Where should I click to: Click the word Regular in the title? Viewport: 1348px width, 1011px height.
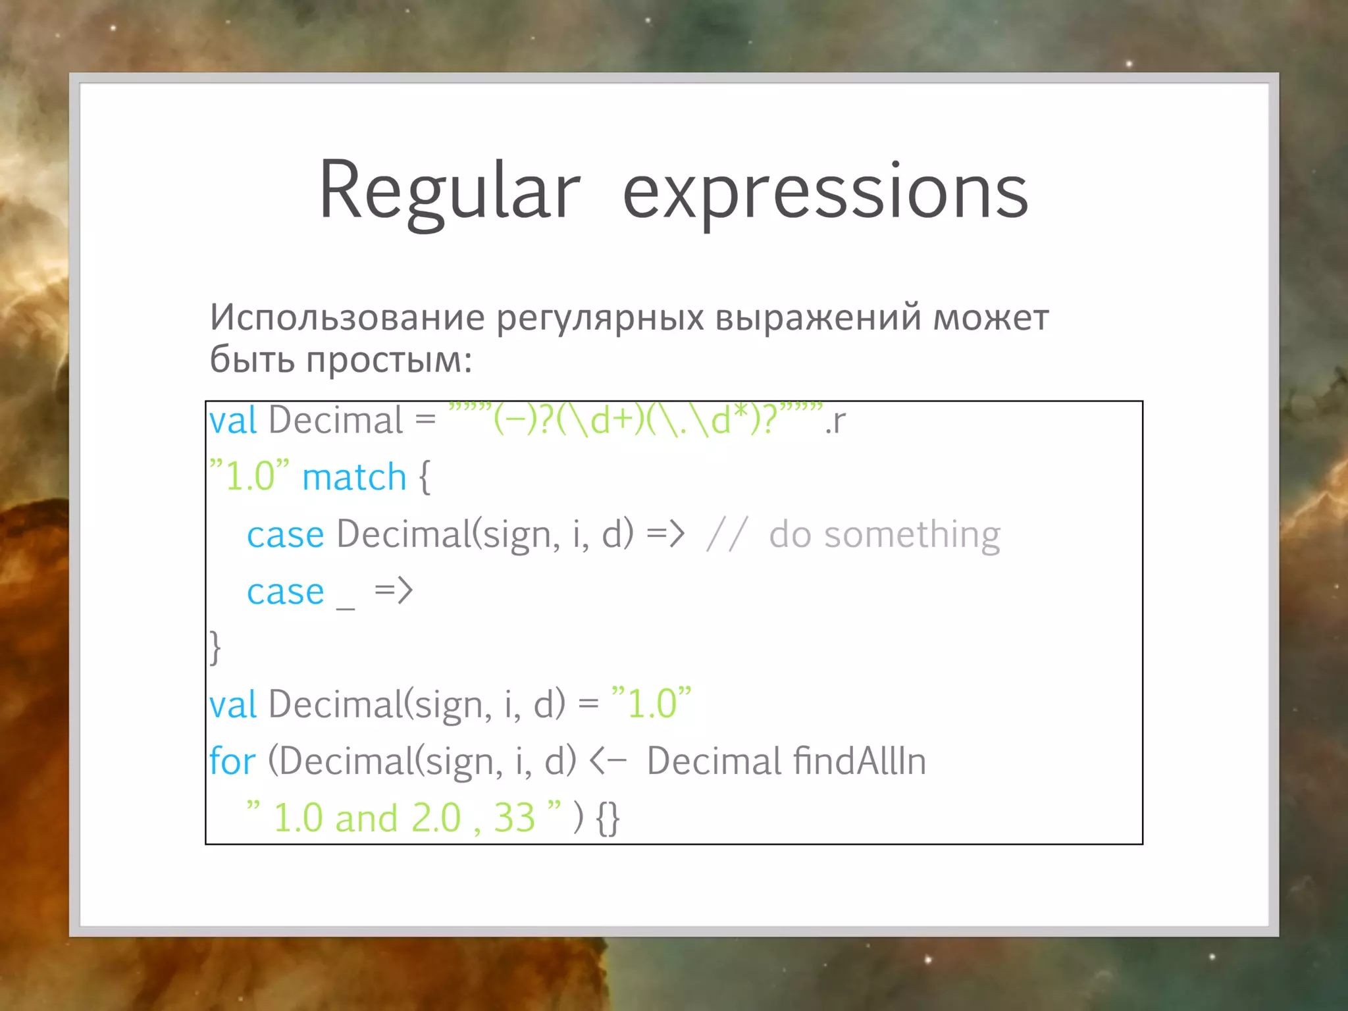click(x=449, y=192)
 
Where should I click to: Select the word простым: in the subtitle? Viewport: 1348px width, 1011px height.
click(x=389, y=360)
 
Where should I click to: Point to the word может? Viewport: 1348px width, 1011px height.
click(x=991, y=317)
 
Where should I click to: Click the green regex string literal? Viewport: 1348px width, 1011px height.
click(x=635, y=419)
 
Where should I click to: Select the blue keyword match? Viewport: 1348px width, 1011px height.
click(x=354, y=477)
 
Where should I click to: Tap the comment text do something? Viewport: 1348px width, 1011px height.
click(x=884, y=534)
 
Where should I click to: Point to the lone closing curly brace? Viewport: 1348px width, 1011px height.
click(x=215, y=648)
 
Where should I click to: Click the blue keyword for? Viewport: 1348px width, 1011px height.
click(x=232, y=761)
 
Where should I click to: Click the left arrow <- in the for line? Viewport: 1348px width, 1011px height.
click(x=608, y=762)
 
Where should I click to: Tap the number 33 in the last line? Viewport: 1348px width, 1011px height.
click(x=514, y=818)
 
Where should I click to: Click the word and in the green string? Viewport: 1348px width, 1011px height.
click(x=366, y=818)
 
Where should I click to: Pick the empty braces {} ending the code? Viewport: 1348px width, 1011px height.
click(x=607, y=818)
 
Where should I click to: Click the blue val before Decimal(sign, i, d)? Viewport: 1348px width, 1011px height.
click(x=232, y=704)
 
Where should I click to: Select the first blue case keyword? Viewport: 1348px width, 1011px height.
click(x=285, y=534)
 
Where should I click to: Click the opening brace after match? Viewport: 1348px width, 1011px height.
click(x=425, y=477)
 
